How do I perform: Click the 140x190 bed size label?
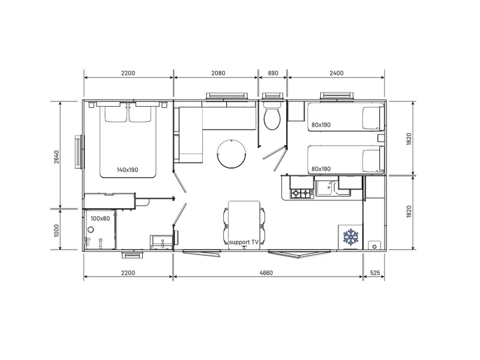click(127, 170)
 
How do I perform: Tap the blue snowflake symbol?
click(350, 236)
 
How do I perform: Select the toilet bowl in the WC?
click(272, 119)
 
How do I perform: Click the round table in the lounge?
click(232, 154)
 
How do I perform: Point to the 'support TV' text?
click(244, 242)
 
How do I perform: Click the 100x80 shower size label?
click(100, 218)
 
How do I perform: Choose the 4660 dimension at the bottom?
click(266, 273)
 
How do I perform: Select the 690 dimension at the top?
click(273, 73)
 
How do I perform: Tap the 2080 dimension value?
click(218, 73)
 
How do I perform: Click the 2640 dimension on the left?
click(57, 157)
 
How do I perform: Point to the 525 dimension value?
click(375, 273)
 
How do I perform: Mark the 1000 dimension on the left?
click(56, 230)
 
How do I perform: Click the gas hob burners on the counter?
click(302, 193)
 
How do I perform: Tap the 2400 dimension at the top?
click(337, 73)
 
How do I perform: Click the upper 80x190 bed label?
click(321, 125)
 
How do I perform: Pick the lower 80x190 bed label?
click(321, 169)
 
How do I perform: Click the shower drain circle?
click(91, 229)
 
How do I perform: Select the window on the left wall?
click(79, 152)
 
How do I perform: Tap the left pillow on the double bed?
click(116, 113)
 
